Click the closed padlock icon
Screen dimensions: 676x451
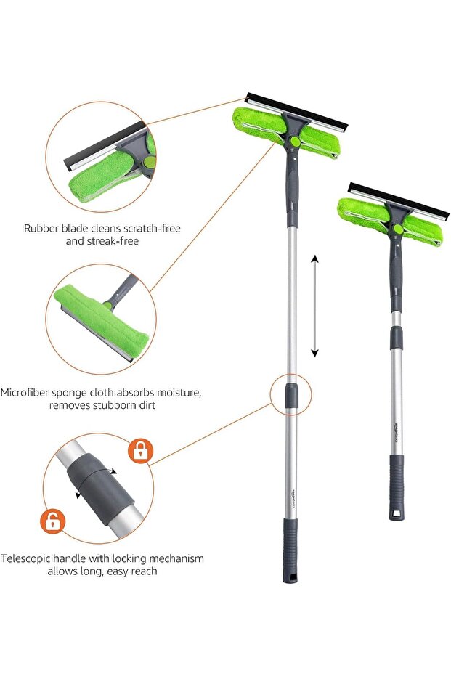tap(140, 451)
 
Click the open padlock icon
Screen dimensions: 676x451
tap(52, 521)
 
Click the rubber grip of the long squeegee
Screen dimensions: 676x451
tap(290, 542)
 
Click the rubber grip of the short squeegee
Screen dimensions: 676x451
tap(396, 479)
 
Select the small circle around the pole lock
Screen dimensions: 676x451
tap(290, 395)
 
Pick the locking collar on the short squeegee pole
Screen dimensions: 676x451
tap(397, 338)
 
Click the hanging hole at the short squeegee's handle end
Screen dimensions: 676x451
tap(397, 514)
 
